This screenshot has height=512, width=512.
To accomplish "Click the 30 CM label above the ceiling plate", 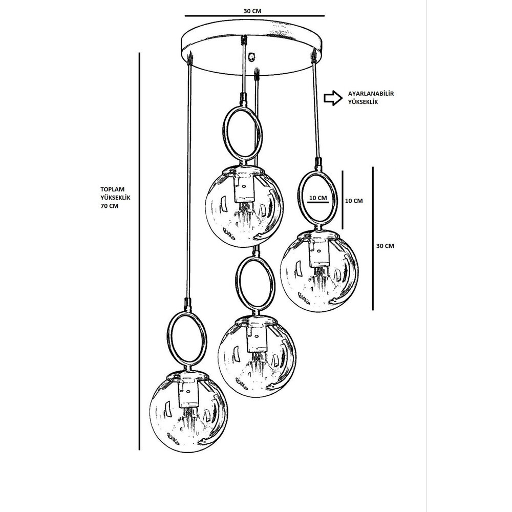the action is coord(252,11).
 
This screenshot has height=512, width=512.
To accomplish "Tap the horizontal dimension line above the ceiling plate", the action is coord(254,16).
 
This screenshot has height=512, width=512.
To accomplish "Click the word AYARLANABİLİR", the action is coord(371,93).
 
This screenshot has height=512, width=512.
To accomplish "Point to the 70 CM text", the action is coord(110,206).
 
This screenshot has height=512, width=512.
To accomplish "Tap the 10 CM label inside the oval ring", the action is coord(318,198).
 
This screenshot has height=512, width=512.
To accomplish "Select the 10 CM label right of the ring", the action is coord(354,201).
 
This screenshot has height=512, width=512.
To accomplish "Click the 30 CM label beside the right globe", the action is coord(386,246).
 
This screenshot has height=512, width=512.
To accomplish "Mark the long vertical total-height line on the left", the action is coord(139,251).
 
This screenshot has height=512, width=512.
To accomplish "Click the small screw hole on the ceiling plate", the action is coord(251,56).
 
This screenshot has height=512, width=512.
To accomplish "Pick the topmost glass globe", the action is coord(245,206).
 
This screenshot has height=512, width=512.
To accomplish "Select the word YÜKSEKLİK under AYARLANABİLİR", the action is coord(363,102).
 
